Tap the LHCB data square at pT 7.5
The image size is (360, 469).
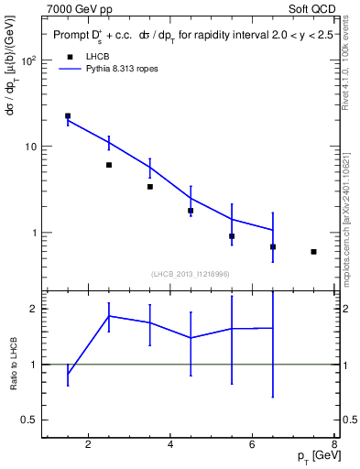(314, 251)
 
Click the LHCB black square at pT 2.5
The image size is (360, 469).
(109, 165)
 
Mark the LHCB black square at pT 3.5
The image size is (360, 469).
(150, 187)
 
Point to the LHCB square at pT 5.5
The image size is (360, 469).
(232, 236)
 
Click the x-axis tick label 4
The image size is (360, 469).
(170, 446)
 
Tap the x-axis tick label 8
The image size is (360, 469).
(335, 446)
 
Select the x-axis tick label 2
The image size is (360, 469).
(88, 446)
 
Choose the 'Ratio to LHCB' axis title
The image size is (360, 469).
(13, 364)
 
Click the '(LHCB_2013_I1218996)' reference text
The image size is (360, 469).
(191, 274)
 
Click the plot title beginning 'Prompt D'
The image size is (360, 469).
(192, 36)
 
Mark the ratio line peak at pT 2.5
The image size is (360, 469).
(109, 316)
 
